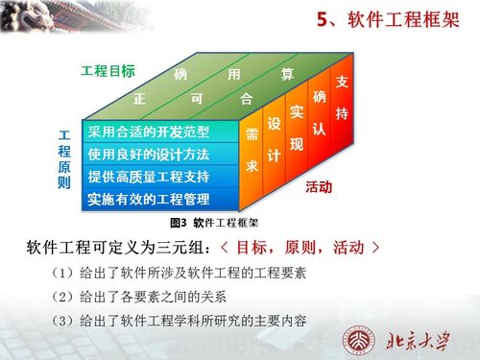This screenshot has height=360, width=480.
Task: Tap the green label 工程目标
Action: click(108, 71)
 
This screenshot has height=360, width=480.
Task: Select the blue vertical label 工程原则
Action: click(64, 158)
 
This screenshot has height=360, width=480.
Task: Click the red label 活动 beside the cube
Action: click(319, 186)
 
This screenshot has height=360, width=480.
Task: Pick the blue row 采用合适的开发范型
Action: click(149, 132)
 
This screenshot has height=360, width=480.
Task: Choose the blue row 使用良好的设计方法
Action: click(149, 154)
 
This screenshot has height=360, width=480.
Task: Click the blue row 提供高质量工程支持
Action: click(149, 177)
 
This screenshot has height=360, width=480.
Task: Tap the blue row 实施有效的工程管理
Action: click(149, 200)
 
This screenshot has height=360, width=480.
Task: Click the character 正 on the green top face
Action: click(140, 99)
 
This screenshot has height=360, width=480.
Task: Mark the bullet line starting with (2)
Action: click(153, 296)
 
